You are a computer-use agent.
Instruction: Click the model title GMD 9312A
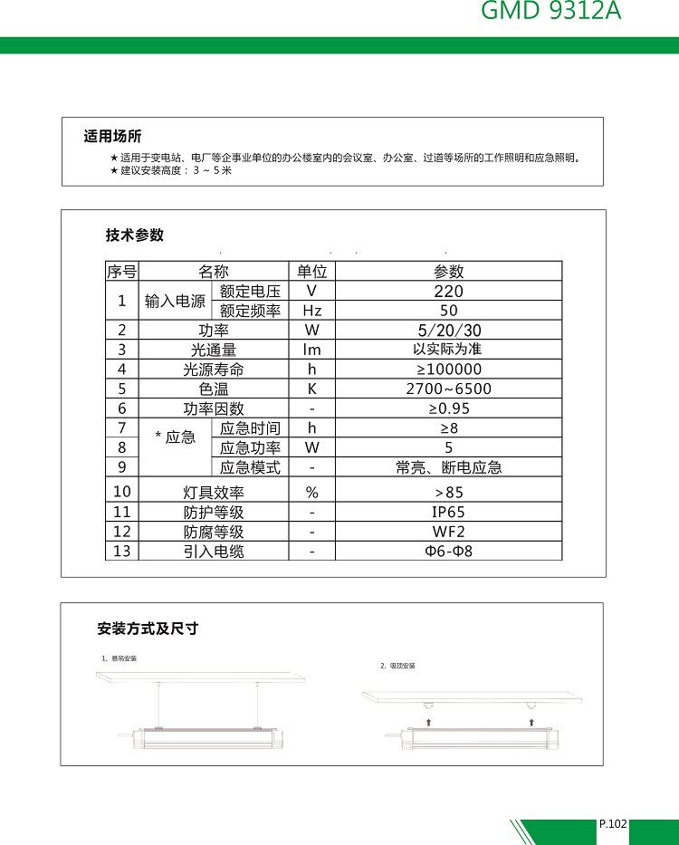pyautogui.click(x=550, y=12)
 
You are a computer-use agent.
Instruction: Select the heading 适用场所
pyautogui.click(x=112, y=137)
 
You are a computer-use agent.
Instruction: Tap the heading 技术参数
pyautogui.click(x=135, y=235)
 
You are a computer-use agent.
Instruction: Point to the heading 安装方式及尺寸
pyautogui.click(x=148, y=629)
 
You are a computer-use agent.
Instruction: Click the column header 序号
pyautogui.click(x=121, y=271)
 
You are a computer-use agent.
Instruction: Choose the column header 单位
pyautogui.click(x=311, y=271)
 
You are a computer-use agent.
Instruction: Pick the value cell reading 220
pyautogui.click(x=448, y=291)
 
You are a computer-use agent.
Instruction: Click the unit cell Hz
pyautogui.click(x=311, y=311)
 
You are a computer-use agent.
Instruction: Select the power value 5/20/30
pyautogui.click(x=448, y=330)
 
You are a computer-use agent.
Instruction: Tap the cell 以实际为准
pyautogui.click(x=448, y=350)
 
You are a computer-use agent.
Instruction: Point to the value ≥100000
pyautogui.click(x=448, y=370)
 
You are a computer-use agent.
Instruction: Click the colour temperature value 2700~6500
pyautogui.click(x=448, y=389)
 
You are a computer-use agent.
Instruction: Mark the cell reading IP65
pyautogui.click(x=448, y=512)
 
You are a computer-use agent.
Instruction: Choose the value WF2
pyautogui.click(x=448, y=532)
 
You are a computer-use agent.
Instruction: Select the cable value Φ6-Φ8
pyautogui.click(x=448, y=552)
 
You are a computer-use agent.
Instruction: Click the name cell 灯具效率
pyautogui.click(x=214, y=493)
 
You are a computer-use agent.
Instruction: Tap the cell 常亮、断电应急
pyautogui.click(x=448, y=468)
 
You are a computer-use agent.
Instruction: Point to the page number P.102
pyautogui.click(x=613, y=824)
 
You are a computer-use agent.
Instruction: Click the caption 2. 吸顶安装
pyautogui.click(x=398, y=667)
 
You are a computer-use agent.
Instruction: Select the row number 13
pyautogui.click(x=121, y=552)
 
